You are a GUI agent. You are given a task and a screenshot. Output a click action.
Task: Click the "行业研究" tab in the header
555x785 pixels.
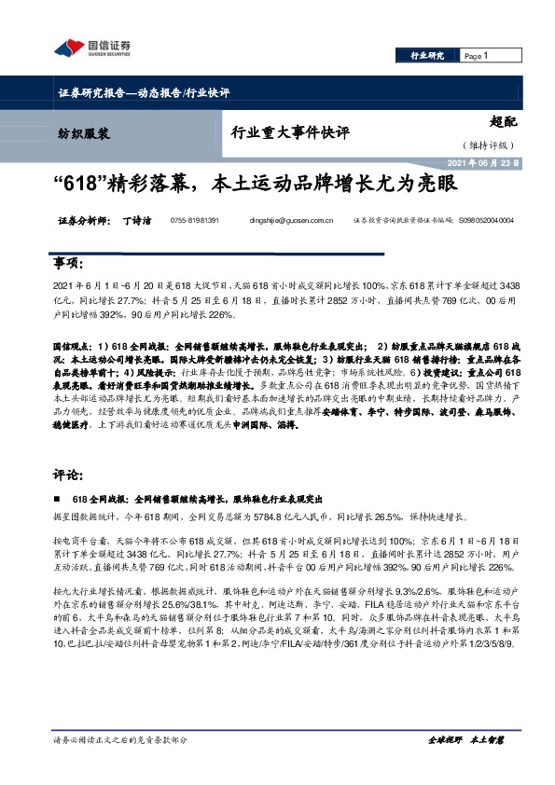point(428,56)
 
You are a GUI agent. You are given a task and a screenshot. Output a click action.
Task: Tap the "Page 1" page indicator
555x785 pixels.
point(477,56)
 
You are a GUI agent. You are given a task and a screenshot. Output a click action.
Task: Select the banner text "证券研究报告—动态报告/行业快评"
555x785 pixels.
point(138,92)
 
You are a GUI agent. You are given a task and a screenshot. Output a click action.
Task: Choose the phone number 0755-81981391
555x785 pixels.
point(195,221)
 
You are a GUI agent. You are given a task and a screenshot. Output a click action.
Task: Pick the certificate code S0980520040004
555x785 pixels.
point(486,221)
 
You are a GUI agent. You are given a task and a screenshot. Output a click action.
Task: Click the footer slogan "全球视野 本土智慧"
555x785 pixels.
point(465,739)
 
